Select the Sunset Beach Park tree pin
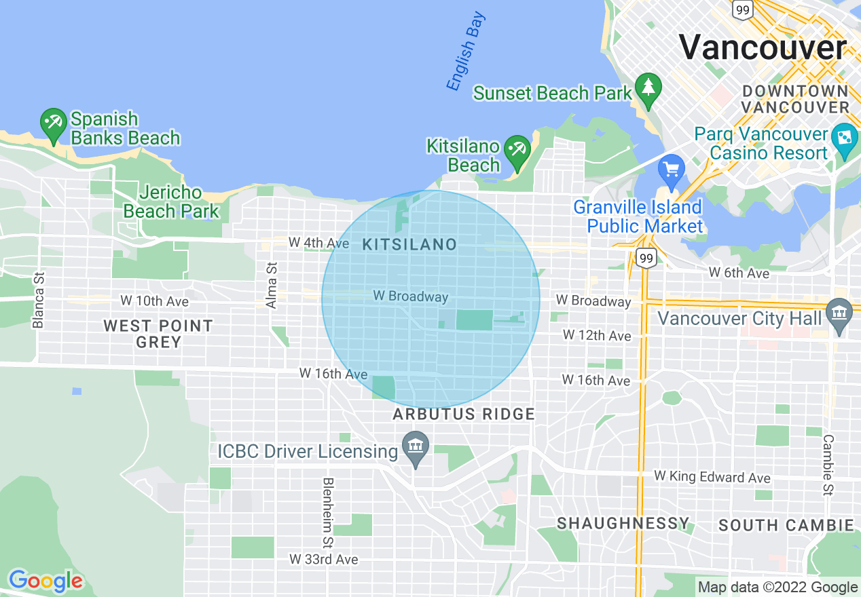[x=649, y=89]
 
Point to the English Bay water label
[x=465, y=52]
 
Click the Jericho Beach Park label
[x=171, y=202]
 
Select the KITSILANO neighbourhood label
[x=409, y=245]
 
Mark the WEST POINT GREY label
[x=158, y=334]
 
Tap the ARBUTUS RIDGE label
[x=464, y=414]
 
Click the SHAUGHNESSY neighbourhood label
[x=623, y=523]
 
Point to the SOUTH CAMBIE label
[x=786, y=525]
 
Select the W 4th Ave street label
[x=318, y=242]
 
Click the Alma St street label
[x=272, y=286]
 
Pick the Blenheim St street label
[x=329, y=513]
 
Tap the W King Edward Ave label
[x=712, y=477]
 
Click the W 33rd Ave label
[x=323, y=560]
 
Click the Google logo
[x=45, y=581]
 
